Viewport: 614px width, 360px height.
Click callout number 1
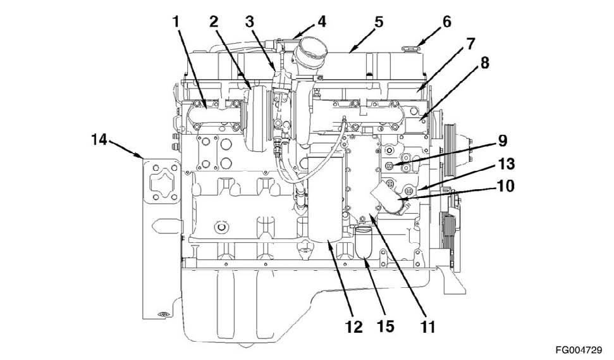pos(176,22)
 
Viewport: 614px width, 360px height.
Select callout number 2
pos(213,22)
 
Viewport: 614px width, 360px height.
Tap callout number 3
pos(250,22)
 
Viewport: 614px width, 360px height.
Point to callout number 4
pos(321,22)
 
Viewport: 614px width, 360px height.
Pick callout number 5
pos(379,22)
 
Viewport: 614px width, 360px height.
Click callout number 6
pos(447,22)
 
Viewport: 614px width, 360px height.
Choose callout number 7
pos(470,43)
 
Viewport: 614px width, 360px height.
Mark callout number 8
pos(485,63)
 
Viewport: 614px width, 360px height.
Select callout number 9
pos(503,141)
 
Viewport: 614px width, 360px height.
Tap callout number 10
pos(505,185)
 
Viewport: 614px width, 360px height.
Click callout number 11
pos(427,326)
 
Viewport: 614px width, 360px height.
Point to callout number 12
pos(354,326)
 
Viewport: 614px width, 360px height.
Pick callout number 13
pos(505,164)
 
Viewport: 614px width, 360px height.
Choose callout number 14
pos(99,139)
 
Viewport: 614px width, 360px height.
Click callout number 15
pos(385,326)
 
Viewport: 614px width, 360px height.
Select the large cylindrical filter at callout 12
pos(326,199)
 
